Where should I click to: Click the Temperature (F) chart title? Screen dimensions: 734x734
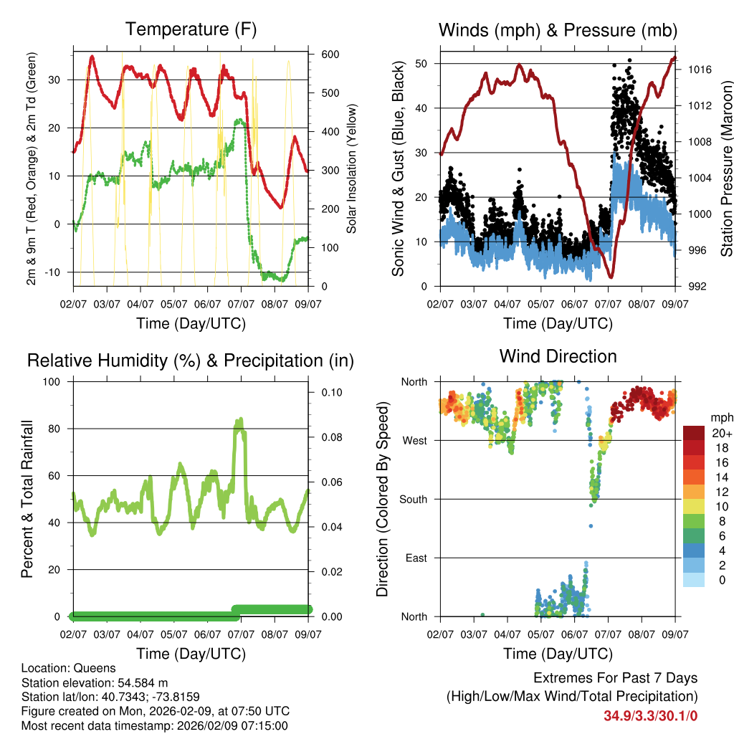(x=191, y=30)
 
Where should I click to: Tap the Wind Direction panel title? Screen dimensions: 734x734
(x=558, y=356)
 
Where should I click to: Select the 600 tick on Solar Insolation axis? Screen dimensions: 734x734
(x=330, y=54)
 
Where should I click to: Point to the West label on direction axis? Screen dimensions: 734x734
(x=414, y=440)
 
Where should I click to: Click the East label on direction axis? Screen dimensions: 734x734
(x=415, y=558)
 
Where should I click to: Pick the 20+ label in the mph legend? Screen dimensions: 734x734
(x=722, y=433)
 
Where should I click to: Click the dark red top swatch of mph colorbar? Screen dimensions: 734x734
(x=694, y=433)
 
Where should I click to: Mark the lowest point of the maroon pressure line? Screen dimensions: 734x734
(x=611, y=277)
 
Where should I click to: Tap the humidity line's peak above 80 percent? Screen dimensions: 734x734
(x=240, y=420)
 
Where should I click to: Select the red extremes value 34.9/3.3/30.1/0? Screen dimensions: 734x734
(x=651, y=715)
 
